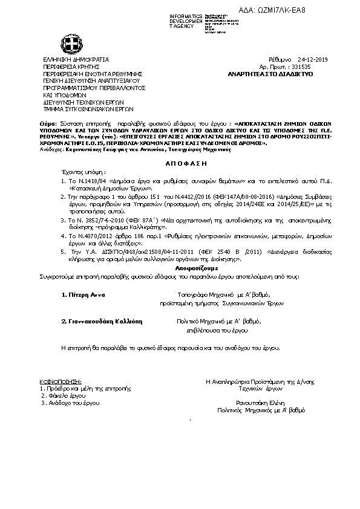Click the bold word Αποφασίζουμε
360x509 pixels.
(x=180, y=249)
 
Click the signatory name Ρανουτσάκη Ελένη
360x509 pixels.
(x=258, y=403)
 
